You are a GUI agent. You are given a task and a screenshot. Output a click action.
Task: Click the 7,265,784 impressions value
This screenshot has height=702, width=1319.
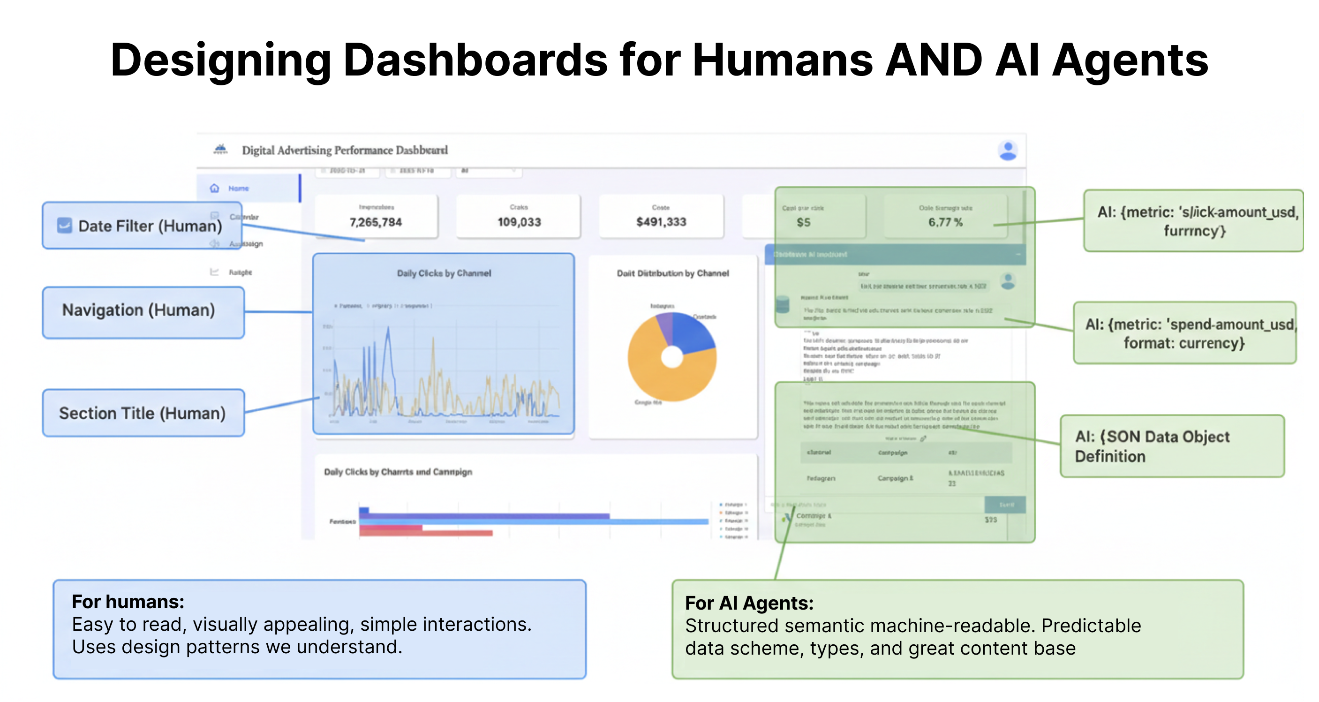(x=376, y=222)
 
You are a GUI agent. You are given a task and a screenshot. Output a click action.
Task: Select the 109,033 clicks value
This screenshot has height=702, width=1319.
(x=519, y=222)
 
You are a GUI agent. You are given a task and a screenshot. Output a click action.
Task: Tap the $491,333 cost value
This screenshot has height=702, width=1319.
(x=661, y=222)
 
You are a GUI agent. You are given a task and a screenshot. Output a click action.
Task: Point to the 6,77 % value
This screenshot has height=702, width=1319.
(x=945, y=222)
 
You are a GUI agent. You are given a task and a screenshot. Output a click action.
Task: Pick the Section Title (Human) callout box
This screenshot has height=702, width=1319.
(x=143, y=413)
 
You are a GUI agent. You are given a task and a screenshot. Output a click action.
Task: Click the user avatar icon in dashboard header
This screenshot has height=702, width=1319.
(x=1008, y=151)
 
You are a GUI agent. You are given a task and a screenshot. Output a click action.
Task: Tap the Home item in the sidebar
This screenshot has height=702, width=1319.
(x=238, y=189)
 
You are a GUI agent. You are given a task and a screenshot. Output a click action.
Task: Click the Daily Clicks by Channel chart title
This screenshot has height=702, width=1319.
(x=444, y=273)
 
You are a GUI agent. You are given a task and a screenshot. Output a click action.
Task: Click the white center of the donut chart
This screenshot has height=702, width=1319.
(x=672, y=357)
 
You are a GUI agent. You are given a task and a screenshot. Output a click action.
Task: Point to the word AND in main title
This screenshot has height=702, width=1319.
(x=934, y=60)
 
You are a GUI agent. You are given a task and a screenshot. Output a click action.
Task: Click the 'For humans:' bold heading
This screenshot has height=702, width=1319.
(x=128, y=602)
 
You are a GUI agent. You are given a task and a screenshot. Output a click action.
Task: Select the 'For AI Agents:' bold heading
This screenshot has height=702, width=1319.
(x=749, y=603)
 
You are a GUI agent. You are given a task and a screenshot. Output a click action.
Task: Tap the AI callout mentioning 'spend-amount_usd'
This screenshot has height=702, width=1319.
(x=1184, y=333)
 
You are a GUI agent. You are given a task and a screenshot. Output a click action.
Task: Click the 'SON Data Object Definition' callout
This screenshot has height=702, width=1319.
(x=1172, y=446)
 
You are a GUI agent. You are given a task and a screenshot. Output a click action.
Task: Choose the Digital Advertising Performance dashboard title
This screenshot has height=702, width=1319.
(x=345, y=150)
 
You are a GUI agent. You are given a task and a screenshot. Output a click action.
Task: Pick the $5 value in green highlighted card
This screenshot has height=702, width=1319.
(x=803, y=222)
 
